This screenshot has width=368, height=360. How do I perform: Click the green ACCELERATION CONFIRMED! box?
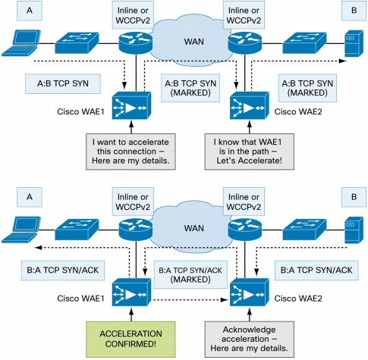pos(131,339)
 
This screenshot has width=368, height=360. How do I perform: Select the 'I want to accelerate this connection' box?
pos(131,152)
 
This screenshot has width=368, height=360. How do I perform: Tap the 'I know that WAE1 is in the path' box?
pos(249,152)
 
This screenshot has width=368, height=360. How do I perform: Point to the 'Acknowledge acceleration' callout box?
pos(249,339)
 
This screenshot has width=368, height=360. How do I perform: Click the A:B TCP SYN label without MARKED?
pos(63,83)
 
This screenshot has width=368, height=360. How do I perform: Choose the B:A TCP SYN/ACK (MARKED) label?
pos(190,275)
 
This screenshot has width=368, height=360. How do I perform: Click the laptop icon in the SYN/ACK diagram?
pos(21,230)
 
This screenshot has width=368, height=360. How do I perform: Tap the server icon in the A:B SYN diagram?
pos(354,43)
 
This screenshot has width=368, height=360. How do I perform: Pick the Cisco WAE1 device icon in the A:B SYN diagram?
pos(131,105)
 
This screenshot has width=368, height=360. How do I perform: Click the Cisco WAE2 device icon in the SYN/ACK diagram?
pos(249,292)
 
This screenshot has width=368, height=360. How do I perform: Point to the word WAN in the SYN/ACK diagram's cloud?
pos(194,228)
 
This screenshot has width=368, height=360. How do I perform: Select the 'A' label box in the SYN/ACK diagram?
pos(30,197)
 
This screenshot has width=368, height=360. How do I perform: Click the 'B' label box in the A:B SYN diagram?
pos(354,11)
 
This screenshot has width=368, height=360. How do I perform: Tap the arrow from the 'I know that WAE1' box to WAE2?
pos(250,127)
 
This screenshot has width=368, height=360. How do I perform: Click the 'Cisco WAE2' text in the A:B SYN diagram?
pos(298,111)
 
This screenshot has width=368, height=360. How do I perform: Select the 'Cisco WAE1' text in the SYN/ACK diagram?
pos(80,299)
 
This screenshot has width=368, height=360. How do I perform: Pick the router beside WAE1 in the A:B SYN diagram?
pos(136,42)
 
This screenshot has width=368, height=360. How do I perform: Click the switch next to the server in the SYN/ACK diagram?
pos(304,230)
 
